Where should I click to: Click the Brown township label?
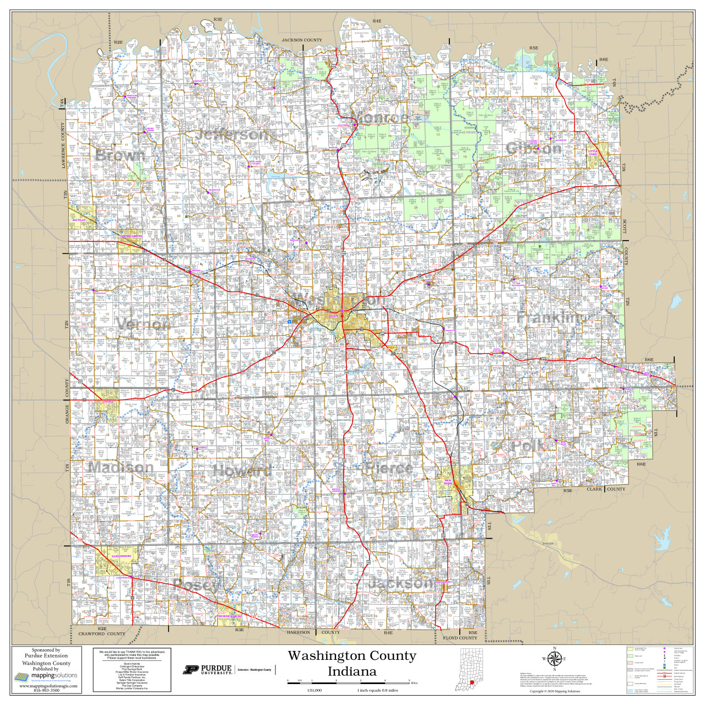[x=121, y=155]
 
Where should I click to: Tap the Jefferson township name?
[x=232, y=134]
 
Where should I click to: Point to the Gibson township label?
[x=534, y=149]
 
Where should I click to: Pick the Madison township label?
[x=121, y=468]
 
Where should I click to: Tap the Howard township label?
[x=242, y=471]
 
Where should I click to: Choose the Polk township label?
[x=528, y=446]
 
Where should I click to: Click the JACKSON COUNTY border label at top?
[x=302, y=40]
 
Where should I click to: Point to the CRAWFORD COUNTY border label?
[x=102, y=634]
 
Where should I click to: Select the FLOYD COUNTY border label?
[x=460, y=638]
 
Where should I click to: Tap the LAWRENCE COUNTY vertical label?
[x=63, y=146]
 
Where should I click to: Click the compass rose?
[x=555, y=659]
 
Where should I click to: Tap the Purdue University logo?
[x=208, y=670]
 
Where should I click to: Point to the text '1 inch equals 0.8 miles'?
[x=377, y=690]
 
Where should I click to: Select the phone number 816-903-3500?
[x=46, y=690]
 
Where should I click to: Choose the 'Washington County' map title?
[x=352, y=656]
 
